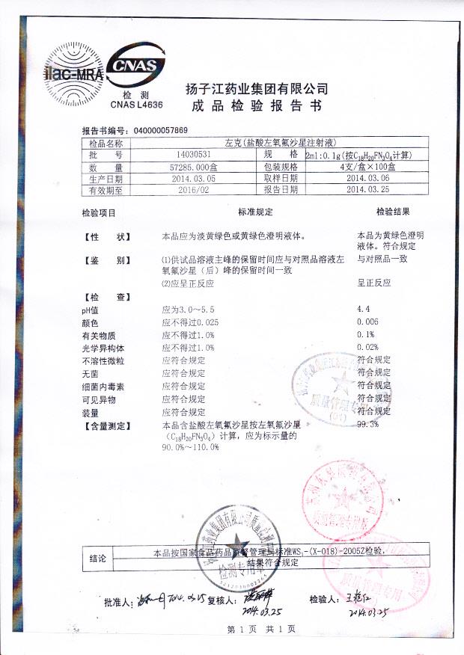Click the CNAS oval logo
point(135,67)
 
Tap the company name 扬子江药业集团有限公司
point(257,89)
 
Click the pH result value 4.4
point(364,309)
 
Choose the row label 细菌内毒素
point(104,387)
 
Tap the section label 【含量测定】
point(106,425)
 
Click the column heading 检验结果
point(393,212)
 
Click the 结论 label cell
point(98,558)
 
